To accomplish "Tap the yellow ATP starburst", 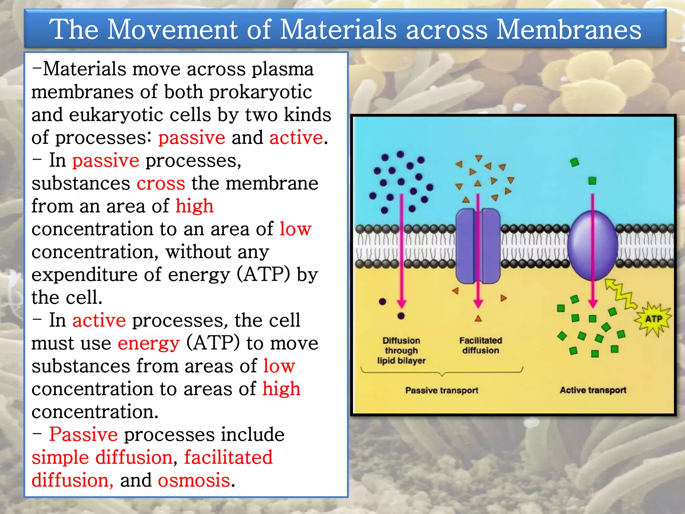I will (654, 319).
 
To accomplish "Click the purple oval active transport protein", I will (593, 246).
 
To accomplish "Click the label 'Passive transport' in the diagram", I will (442, 390).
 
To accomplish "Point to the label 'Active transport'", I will (593, 390).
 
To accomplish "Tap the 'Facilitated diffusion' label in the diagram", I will (481, 345).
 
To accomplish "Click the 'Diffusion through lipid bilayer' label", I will (401, 350).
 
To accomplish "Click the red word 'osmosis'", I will (194, 480).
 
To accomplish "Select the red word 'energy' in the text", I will (149, 343).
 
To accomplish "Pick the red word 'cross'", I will (161, 183).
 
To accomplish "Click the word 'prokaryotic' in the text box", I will (261, 92).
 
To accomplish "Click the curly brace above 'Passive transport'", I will (442, 372).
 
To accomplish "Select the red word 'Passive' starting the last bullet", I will (83, 435).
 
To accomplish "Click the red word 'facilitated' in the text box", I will (228, 457).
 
